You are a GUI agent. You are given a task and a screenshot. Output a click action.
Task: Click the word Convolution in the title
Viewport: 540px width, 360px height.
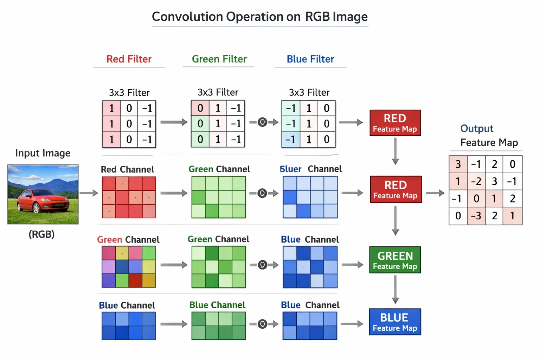point(187,17)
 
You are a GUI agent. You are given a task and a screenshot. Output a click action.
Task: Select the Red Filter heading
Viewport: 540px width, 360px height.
point(129,59)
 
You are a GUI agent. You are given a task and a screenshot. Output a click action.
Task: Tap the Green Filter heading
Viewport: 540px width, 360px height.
point(219,59)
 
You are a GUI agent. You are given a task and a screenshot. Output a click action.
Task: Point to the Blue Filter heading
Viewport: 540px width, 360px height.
point(310,59)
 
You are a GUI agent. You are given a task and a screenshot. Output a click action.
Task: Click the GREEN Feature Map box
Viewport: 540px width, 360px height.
point(395,260)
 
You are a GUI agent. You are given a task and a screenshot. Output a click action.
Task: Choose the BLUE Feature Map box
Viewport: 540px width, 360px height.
point(395,322)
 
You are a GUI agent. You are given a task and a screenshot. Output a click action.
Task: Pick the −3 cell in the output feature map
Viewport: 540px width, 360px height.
point(476,216)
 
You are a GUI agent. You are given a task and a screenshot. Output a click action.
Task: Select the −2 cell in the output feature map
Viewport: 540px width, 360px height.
point(476,181)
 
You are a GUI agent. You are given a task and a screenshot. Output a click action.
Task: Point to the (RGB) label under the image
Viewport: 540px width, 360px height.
point(42,234)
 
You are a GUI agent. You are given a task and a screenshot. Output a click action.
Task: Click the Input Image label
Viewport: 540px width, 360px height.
point(43,153)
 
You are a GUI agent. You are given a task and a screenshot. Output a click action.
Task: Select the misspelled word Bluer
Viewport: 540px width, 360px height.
point(290,169)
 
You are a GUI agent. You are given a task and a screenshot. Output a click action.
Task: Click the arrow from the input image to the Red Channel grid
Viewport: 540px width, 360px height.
point(89,193)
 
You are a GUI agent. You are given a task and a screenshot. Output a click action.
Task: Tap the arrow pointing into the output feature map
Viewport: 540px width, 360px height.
point(435,193)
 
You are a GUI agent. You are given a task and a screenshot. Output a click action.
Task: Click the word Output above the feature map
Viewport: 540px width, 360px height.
point(477,129)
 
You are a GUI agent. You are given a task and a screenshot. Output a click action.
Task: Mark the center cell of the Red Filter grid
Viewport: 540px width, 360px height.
point(129,124)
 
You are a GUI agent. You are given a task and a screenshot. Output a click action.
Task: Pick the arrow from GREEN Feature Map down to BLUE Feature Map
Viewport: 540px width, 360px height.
point(395,289)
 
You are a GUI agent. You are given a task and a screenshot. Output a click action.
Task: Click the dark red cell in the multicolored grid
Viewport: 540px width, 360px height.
point(135,281)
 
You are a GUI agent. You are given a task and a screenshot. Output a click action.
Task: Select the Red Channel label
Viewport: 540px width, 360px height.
point(127,169)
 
